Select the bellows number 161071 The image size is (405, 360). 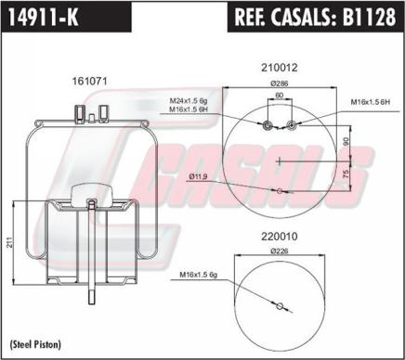89,81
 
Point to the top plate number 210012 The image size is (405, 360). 280,68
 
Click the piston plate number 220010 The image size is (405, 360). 280,237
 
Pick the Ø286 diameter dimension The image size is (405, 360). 280,84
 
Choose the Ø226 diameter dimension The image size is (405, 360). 280,251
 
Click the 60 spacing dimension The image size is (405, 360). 280,95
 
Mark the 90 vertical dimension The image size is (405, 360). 346,141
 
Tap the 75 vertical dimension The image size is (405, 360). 346,174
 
